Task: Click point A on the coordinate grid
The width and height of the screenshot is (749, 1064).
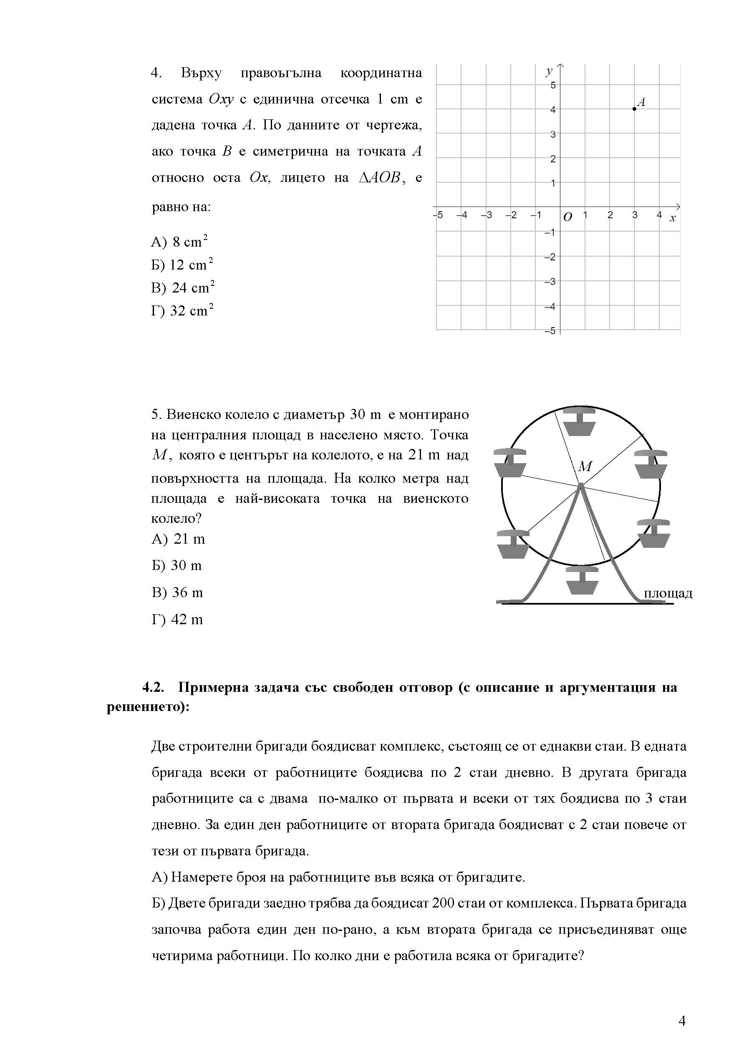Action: tap(634, 109)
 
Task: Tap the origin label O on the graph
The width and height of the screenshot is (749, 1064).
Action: tap(567, 217)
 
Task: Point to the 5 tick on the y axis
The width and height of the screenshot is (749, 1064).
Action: tap(553, 85)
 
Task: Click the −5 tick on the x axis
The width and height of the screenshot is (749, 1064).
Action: tap(438, 215)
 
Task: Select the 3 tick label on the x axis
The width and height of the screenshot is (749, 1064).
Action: tap(635, 215)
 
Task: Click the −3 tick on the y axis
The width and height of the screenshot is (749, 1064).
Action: tap(550, 282)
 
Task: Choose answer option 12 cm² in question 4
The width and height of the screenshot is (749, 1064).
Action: tap(182, 265)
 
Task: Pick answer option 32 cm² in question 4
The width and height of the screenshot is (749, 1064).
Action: tap(182, 310)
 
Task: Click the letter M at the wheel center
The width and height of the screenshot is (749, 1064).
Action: tap(585, 466)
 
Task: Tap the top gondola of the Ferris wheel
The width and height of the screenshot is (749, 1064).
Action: tap(579, 422)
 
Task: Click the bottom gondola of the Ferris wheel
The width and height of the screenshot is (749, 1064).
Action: tap(581, 581)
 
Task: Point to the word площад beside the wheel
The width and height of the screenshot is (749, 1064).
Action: tap(668, 594)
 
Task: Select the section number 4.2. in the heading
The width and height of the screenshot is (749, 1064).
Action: tap(154, 688)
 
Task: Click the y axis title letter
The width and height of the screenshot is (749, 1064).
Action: tap(549, 71)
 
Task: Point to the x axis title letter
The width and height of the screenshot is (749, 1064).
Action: tap(673, 218)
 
